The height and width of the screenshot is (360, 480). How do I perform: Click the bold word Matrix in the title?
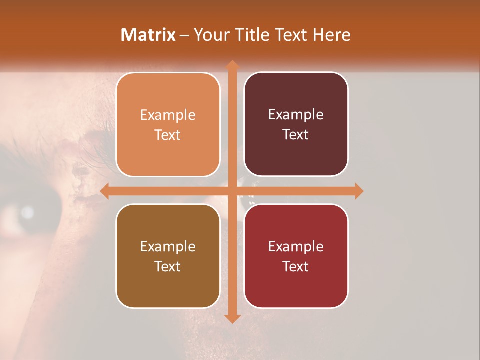point(148,35)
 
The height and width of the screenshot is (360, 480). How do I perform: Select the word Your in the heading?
point(209,35)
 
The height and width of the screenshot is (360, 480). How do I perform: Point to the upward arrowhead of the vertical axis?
point(232,65)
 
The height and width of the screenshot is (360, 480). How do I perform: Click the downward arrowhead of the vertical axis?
point(232,318)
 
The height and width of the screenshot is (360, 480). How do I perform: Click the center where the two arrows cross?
point(232,191)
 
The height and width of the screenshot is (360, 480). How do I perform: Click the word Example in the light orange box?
point(168,115)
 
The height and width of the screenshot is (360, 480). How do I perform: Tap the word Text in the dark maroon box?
point(296,135)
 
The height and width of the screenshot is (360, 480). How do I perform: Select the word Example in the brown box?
point(168,247)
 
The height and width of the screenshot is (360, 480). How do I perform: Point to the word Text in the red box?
point(296,267)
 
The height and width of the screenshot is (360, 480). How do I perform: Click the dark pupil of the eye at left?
point(25,214)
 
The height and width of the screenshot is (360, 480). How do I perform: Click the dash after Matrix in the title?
point(184,35)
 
